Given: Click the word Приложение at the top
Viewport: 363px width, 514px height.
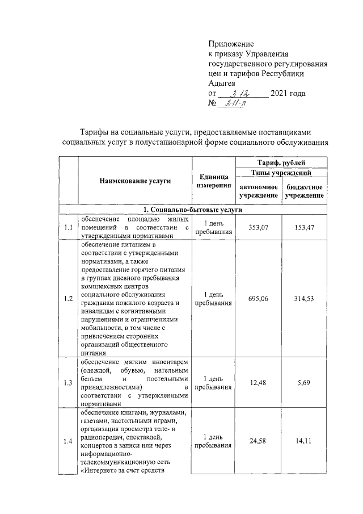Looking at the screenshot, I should point(231,44).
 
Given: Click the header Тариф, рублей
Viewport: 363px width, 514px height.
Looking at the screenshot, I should point(281,163).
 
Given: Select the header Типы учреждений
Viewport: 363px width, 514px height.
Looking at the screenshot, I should point(281,173).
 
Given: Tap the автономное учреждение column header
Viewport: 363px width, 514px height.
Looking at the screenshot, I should point(258,191).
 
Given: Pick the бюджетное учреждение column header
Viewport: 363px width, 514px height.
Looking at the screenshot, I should point(305,191).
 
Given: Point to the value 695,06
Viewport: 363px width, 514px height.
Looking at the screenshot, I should point(258,299).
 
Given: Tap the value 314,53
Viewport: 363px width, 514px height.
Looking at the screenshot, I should point(305,299).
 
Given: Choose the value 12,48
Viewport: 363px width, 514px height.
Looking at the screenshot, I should point(258,383).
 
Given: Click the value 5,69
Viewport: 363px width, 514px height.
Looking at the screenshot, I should point(305,383).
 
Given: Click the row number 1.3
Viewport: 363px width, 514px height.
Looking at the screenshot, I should point(69,383).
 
